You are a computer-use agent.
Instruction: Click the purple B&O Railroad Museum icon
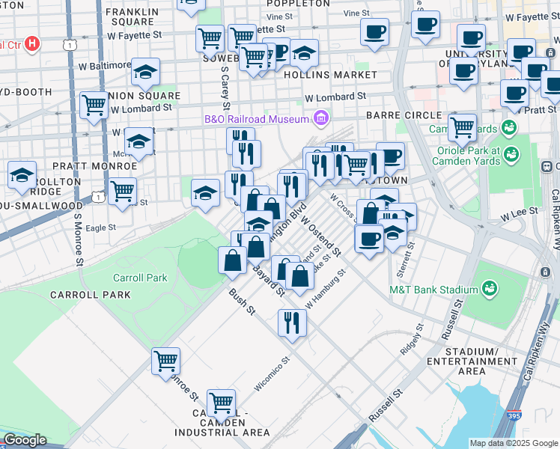[321, 118]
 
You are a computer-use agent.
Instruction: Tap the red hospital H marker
[31, 44]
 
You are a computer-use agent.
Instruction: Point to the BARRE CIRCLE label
[404, 115]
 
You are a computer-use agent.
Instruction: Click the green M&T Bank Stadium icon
[490, 288]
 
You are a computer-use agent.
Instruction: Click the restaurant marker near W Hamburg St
[291, 322]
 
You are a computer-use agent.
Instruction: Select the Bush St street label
[242, 302]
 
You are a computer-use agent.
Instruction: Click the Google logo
[25, 440]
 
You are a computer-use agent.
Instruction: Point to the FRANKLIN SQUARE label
[133, 16]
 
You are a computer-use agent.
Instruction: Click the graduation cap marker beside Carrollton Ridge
[22, 175]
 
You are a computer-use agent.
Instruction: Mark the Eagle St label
[100, 227]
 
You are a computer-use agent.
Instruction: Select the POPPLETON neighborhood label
[299, 3]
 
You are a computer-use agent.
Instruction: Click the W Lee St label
[519, 213]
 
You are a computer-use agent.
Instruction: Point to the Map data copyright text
[513, 443]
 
